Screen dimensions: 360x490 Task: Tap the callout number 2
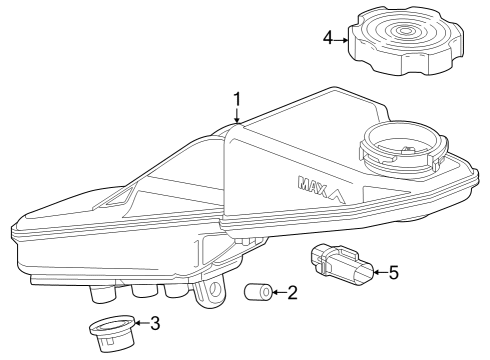pyautogui.click(x=291, y=293)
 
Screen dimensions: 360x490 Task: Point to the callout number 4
pyautogui.click(x=327, y=40)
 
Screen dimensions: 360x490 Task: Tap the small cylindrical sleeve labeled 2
pyautogui.click(x=256, y=293)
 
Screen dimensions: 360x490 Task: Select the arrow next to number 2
pyautogui.click(x=277, y=293)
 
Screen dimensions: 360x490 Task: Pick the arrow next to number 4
pyautogui.click(x=342, y=40)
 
